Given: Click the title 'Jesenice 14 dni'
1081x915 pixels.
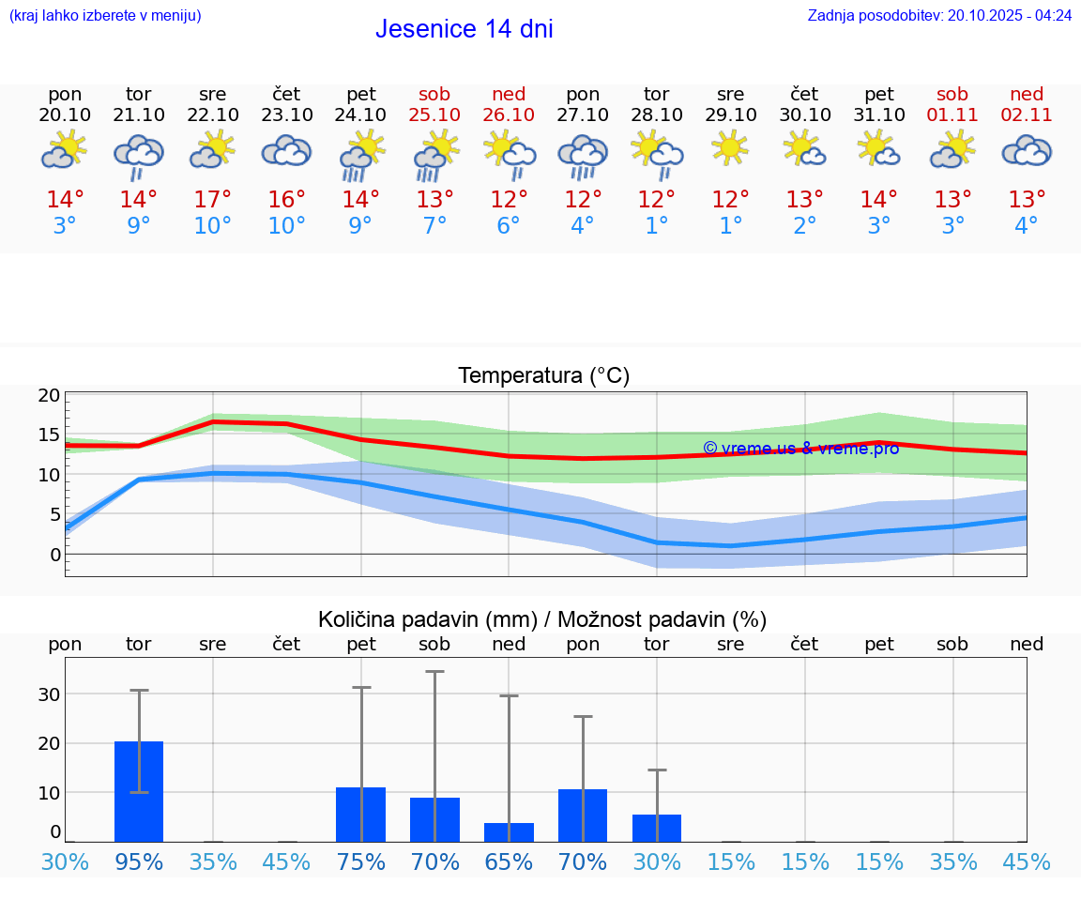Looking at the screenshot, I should (464, 29).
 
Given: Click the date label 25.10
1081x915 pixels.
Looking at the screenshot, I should (434, 114).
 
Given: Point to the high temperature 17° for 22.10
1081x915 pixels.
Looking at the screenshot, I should (213, 200).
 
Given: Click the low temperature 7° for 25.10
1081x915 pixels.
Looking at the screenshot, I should (434, 226).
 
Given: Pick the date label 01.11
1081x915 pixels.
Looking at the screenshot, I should (952, 114).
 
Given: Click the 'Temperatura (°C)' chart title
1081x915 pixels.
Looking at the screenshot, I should (543, 375).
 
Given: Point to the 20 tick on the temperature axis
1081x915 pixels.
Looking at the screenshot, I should (50, 395).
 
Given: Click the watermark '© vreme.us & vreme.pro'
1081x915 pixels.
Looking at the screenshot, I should (800, 449).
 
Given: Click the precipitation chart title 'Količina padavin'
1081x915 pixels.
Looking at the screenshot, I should (541, 619).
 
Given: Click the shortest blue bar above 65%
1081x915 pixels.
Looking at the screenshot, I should (509, 832).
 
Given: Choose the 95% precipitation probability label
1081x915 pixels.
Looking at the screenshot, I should (139, 862).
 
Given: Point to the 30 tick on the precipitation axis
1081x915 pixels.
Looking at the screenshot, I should (50, 694).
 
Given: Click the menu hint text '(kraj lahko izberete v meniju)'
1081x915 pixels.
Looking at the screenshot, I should (104, 15).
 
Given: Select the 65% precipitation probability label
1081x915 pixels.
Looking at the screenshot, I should (509, 862).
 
